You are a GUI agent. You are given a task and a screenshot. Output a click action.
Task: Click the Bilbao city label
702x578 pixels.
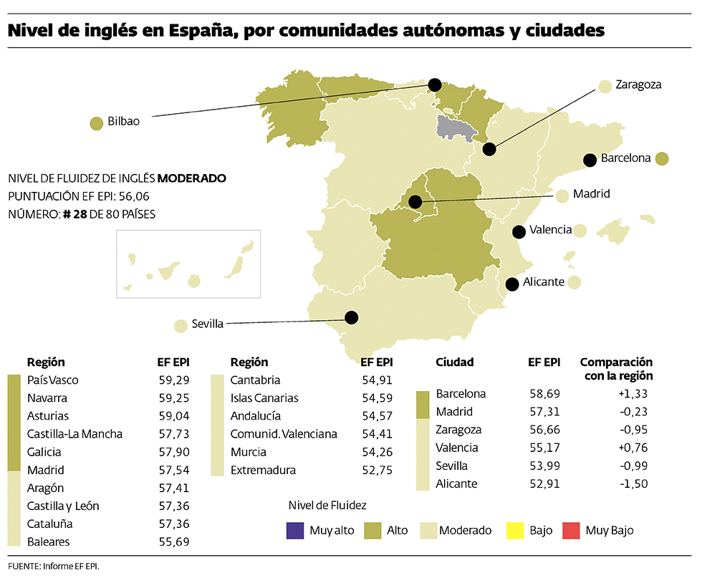tap(123, 122)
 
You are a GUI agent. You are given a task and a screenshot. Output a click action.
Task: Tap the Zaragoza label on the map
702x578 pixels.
tap(638, 85)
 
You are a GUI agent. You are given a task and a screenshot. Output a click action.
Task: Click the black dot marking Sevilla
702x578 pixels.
tap(351, 317)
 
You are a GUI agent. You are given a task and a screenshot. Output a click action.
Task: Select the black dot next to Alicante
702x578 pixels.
tap(512, 284)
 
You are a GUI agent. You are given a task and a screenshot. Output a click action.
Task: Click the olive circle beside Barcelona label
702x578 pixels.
tap(662, 158)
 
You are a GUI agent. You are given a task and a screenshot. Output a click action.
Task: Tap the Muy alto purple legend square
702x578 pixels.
tap(294, 531)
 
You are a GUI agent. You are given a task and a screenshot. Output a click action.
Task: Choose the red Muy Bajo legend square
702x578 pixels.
tap(569, 531)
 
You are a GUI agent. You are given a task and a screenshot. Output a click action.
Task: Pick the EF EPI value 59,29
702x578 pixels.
tap(174, 380)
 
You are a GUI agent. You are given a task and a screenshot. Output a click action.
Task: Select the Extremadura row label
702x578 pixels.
tap(263, 471)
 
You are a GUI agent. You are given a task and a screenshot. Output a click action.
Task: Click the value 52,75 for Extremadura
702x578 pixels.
tap(377, 471)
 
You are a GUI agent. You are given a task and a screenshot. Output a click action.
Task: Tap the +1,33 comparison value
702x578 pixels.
tap(633, 394)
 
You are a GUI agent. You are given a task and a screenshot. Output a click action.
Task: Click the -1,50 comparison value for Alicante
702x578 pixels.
tap(634, 484)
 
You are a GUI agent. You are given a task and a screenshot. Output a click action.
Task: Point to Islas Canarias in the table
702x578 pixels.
tap(264, 398)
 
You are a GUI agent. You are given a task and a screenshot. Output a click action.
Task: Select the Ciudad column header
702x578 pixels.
tap(454, 362)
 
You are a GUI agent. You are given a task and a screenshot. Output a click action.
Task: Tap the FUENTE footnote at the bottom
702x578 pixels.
tap(54, 567)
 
